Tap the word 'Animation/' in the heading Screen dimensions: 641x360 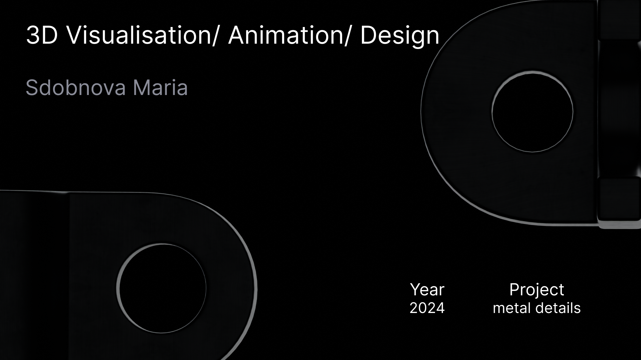(x=289, y=36)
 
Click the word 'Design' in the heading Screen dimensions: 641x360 (x=400, y=36)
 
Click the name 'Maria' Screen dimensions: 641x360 (x=160, y=88)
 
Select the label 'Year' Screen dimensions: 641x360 (x=427, y=289)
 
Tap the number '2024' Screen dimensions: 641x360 (x=427, y=308)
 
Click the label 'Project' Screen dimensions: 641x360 (x=537, y=290)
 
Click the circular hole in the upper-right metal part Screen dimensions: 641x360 (x=532, y=111)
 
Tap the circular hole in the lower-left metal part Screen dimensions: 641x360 (x=162, y=288)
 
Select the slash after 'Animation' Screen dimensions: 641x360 (x=346, y=36)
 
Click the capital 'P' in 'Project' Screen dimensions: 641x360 (x=515, y=289)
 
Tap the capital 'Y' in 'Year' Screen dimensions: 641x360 (x=415, y=289)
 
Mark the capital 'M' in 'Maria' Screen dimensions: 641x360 (x=142, y=88)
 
